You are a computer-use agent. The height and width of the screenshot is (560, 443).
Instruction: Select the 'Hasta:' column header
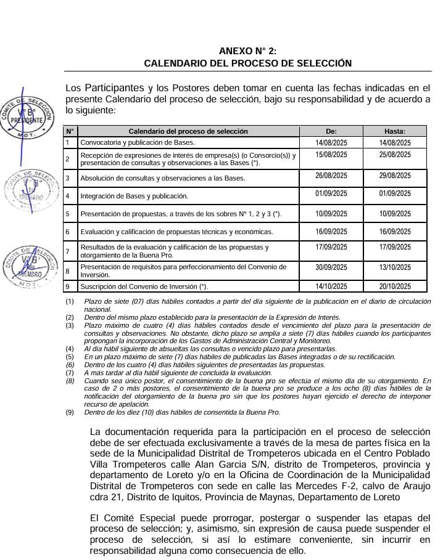tap(394, 131)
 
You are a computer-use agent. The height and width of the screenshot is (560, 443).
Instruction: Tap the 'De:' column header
tap(331, 131)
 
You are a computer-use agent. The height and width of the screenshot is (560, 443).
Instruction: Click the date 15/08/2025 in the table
tap(331, 155)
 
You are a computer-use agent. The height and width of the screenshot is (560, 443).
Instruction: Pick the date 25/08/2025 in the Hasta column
tap(394, 155)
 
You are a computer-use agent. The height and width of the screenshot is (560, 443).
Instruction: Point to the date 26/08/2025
tap(331, 176)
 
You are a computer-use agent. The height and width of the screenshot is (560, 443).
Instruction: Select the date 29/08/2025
tap(394, 176)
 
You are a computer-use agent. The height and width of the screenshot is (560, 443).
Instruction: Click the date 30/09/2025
tap(331, 268)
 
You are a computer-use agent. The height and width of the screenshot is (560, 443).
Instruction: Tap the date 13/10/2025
tap(394, 268)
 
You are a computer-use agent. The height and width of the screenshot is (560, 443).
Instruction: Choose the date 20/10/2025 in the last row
tap(394, 286)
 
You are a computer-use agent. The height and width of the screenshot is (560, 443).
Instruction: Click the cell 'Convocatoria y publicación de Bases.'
tap(129, 143)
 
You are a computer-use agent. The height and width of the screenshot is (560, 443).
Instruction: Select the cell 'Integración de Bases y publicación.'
tap(134, 197)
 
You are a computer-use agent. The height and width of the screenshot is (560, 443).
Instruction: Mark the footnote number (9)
tap(70, 412)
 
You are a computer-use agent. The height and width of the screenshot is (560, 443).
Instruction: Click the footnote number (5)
tap(70, 357)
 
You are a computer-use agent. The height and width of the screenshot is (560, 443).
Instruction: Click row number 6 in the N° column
tap(68, 232)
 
